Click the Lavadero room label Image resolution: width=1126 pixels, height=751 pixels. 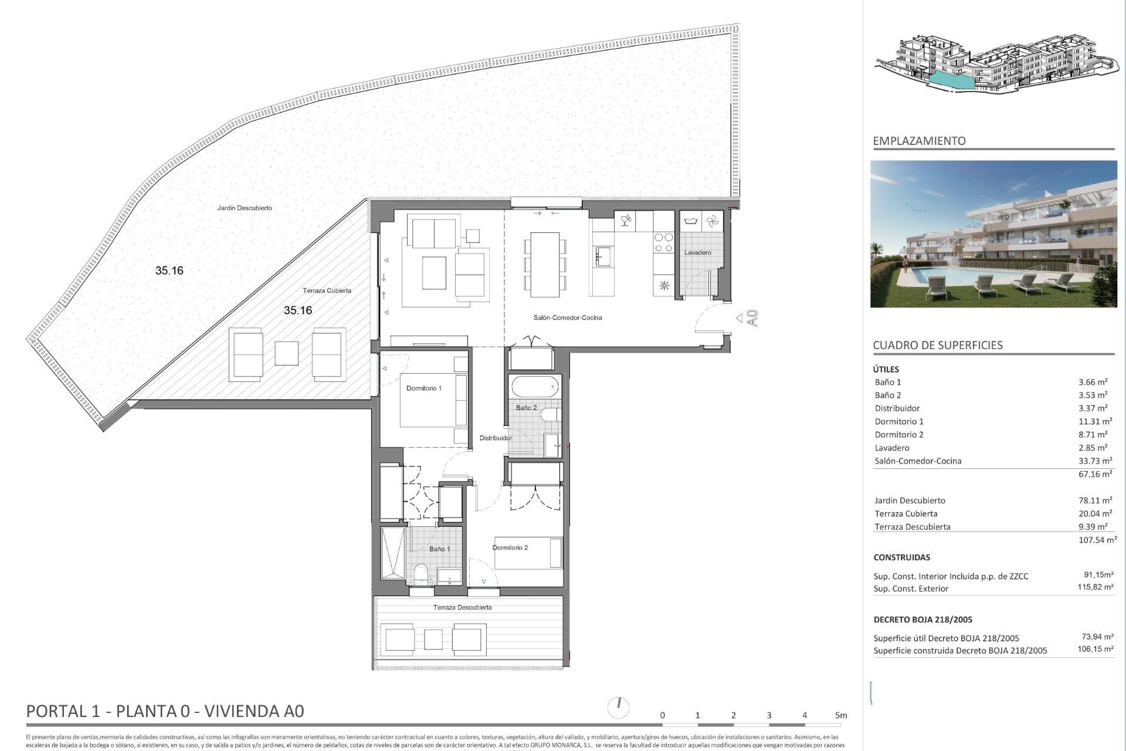point(697,253)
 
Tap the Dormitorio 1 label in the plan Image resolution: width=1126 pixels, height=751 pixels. point(423,388)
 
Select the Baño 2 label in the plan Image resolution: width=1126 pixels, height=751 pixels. point(526,408)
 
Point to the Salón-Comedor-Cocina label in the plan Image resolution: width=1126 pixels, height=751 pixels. point(567,318)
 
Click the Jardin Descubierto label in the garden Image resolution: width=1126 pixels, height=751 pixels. point(245,208)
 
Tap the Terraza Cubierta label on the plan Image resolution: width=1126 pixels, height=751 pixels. point(327,291)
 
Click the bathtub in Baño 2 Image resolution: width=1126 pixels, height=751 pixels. point(535,387)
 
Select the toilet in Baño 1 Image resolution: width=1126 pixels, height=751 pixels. point(420,574)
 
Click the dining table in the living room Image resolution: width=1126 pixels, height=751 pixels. point(545,265)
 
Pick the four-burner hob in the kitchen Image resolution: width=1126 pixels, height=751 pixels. point(664,243)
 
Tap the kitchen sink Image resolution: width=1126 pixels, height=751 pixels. point(603,256)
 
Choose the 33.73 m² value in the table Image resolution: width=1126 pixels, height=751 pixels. point(1095,461)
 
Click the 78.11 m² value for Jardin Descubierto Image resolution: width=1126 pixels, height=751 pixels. point(1095,500)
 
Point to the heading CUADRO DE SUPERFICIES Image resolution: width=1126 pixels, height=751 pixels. point(937,346)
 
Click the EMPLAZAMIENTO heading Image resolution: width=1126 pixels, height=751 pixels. point(919,141)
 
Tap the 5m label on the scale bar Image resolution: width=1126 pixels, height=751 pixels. point(841,715)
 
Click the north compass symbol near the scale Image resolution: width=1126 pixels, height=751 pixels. point(618,707)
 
